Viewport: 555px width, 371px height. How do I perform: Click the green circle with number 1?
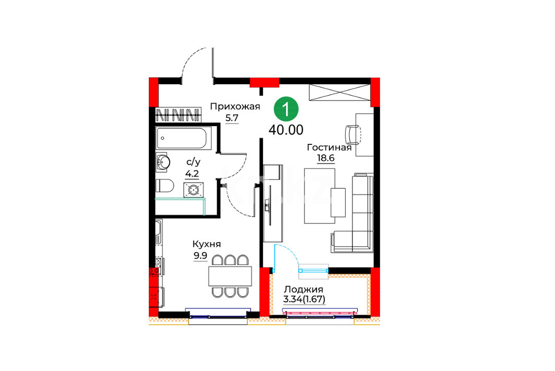[x=286, y=109]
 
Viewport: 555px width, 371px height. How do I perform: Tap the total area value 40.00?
[x=286, y=130]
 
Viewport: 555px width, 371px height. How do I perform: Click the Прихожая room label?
[x=235, y=106]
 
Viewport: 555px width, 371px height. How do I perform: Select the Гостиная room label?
[x=329, y=147]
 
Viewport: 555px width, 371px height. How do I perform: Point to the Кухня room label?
[x=207, y=244]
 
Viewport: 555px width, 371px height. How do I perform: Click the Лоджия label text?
[x=304, y=289]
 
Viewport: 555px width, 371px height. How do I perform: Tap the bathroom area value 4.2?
[x=192, y=174]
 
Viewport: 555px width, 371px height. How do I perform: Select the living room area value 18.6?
[x=326, y=158]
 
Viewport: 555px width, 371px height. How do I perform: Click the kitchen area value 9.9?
[x=200, y=255]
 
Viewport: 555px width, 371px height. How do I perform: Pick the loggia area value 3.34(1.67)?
[x=304, y=299]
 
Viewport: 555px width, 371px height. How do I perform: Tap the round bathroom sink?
[x=163, y=162]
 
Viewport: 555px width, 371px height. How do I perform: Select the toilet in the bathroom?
[x=164, y=185]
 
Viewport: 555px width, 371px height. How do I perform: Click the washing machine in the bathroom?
[x=193, y=190]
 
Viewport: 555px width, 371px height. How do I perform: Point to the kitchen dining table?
[x=230, y=276]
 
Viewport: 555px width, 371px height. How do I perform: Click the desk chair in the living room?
[x=352, y=135]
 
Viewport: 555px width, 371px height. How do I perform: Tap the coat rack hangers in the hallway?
[x=179, y=115]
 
